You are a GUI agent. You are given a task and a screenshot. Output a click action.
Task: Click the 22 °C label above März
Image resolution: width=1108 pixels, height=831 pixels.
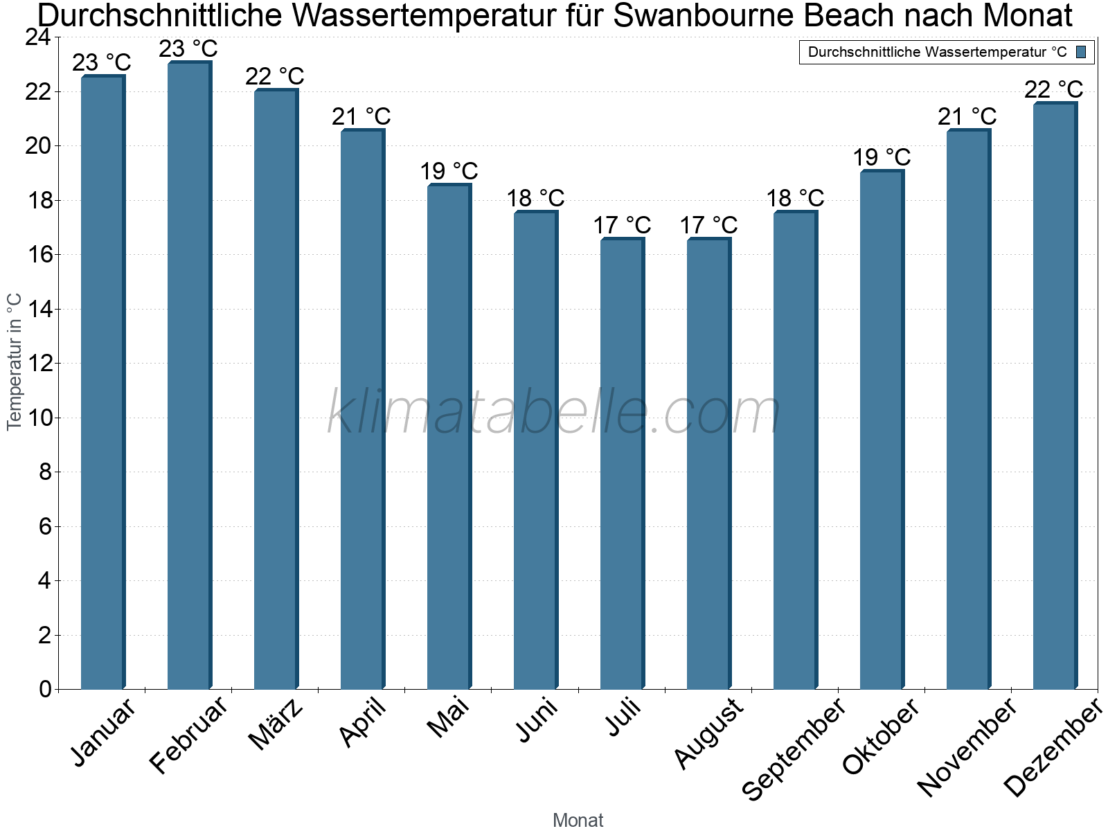(x=275, y=76)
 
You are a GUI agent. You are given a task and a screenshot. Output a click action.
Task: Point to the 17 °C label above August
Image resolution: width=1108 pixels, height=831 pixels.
(x=708, y=226)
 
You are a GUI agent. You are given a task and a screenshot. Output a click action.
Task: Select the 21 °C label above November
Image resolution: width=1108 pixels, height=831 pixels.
(x=967, y=117)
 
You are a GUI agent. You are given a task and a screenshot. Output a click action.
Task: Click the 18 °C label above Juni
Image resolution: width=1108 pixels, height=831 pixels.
(x=535, y=199)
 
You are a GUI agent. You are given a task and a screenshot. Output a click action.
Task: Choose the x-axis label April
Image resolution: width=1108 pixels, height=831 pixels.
(x=363, y=724)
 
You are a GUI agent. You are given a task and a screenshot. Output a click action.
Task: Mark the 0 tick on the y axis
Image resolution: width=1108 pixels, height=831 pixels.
(x=45, y=689)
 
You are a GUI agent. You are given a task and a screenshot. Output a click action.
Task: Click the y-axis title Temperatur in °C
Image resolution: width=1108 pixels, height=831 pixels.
(x=15, y=361)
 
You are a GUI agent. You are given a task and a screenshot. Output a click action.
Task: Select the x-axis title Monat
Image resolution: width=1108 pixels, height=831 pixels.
(x=578, y=821)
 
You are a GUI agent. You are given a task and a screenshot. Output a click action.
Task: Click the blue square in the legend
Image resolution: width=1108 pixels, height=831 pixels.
(x=1081, y=52)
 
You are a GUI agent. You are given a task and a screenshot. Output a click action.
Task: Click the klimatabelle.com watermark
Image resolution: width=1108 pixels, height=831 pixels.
(x=554, y=412)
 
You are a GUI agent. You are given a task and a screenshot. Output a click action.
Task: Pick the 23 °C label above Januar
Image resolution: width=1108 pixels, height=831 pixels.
(x=102, y=63)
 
